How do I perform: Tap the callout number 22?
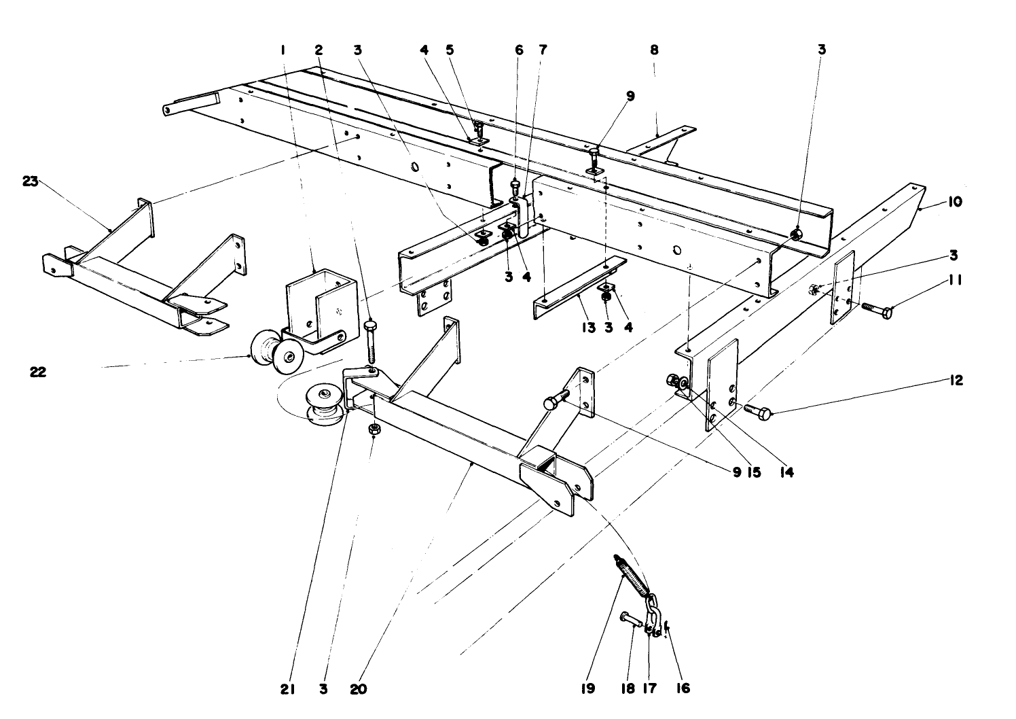coord(39,372)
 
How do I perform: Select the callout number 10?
coord(955,202)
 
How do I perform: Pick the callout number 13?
coord(588,328)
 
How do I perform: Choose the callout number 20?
coord(358,688)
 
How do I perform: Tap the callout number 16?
coord(683,688)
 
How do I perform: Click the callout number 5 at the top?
coord(449,50)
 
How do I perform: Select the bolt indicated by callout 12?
coord(757,410)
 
